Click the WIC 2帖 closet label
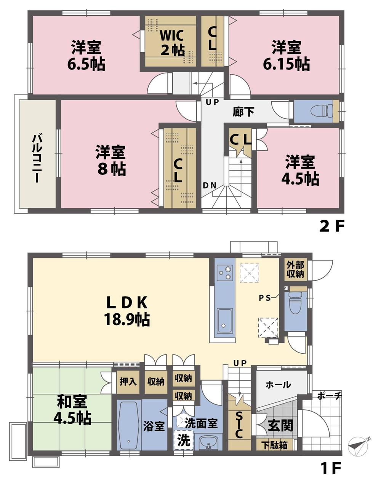[172, 42]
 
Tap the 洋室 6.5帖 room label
[86, 56]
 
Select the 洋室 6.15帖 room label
[286, 56]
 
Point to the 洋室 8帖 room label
[111, 160]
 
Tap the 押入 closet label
[128, 381]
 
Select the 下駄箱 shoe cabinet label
[274, 445]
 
